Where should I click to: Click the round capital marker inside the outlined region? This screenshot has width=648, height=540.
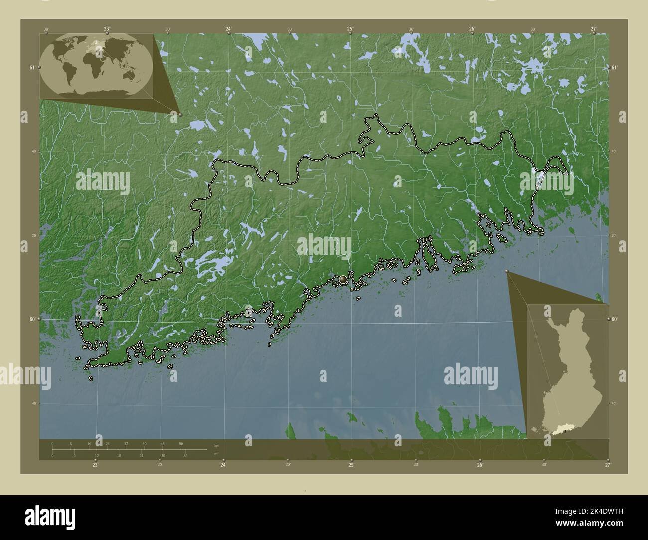(343, 280)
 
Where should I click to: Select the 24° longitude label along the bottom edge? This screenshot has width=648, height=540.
(223, 465)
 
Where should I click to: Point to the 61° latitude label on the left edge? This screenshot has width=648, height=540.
(32, 67)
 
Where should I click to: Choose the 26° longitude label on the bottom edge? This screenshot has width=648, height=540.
(480, 465)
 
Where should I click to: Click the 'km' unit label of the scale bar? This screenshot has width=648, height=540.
(216, 445)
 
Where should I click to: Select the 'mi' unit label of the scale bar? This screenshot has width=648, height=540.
(216, 454)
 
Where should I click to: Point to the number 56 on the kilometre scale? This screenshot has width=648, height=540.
(181, 443)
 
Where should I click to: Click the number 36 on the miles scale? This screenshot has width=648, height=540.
(185, 456)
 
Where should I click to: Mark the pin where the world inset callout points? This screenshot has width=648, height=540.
(180, 114)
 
